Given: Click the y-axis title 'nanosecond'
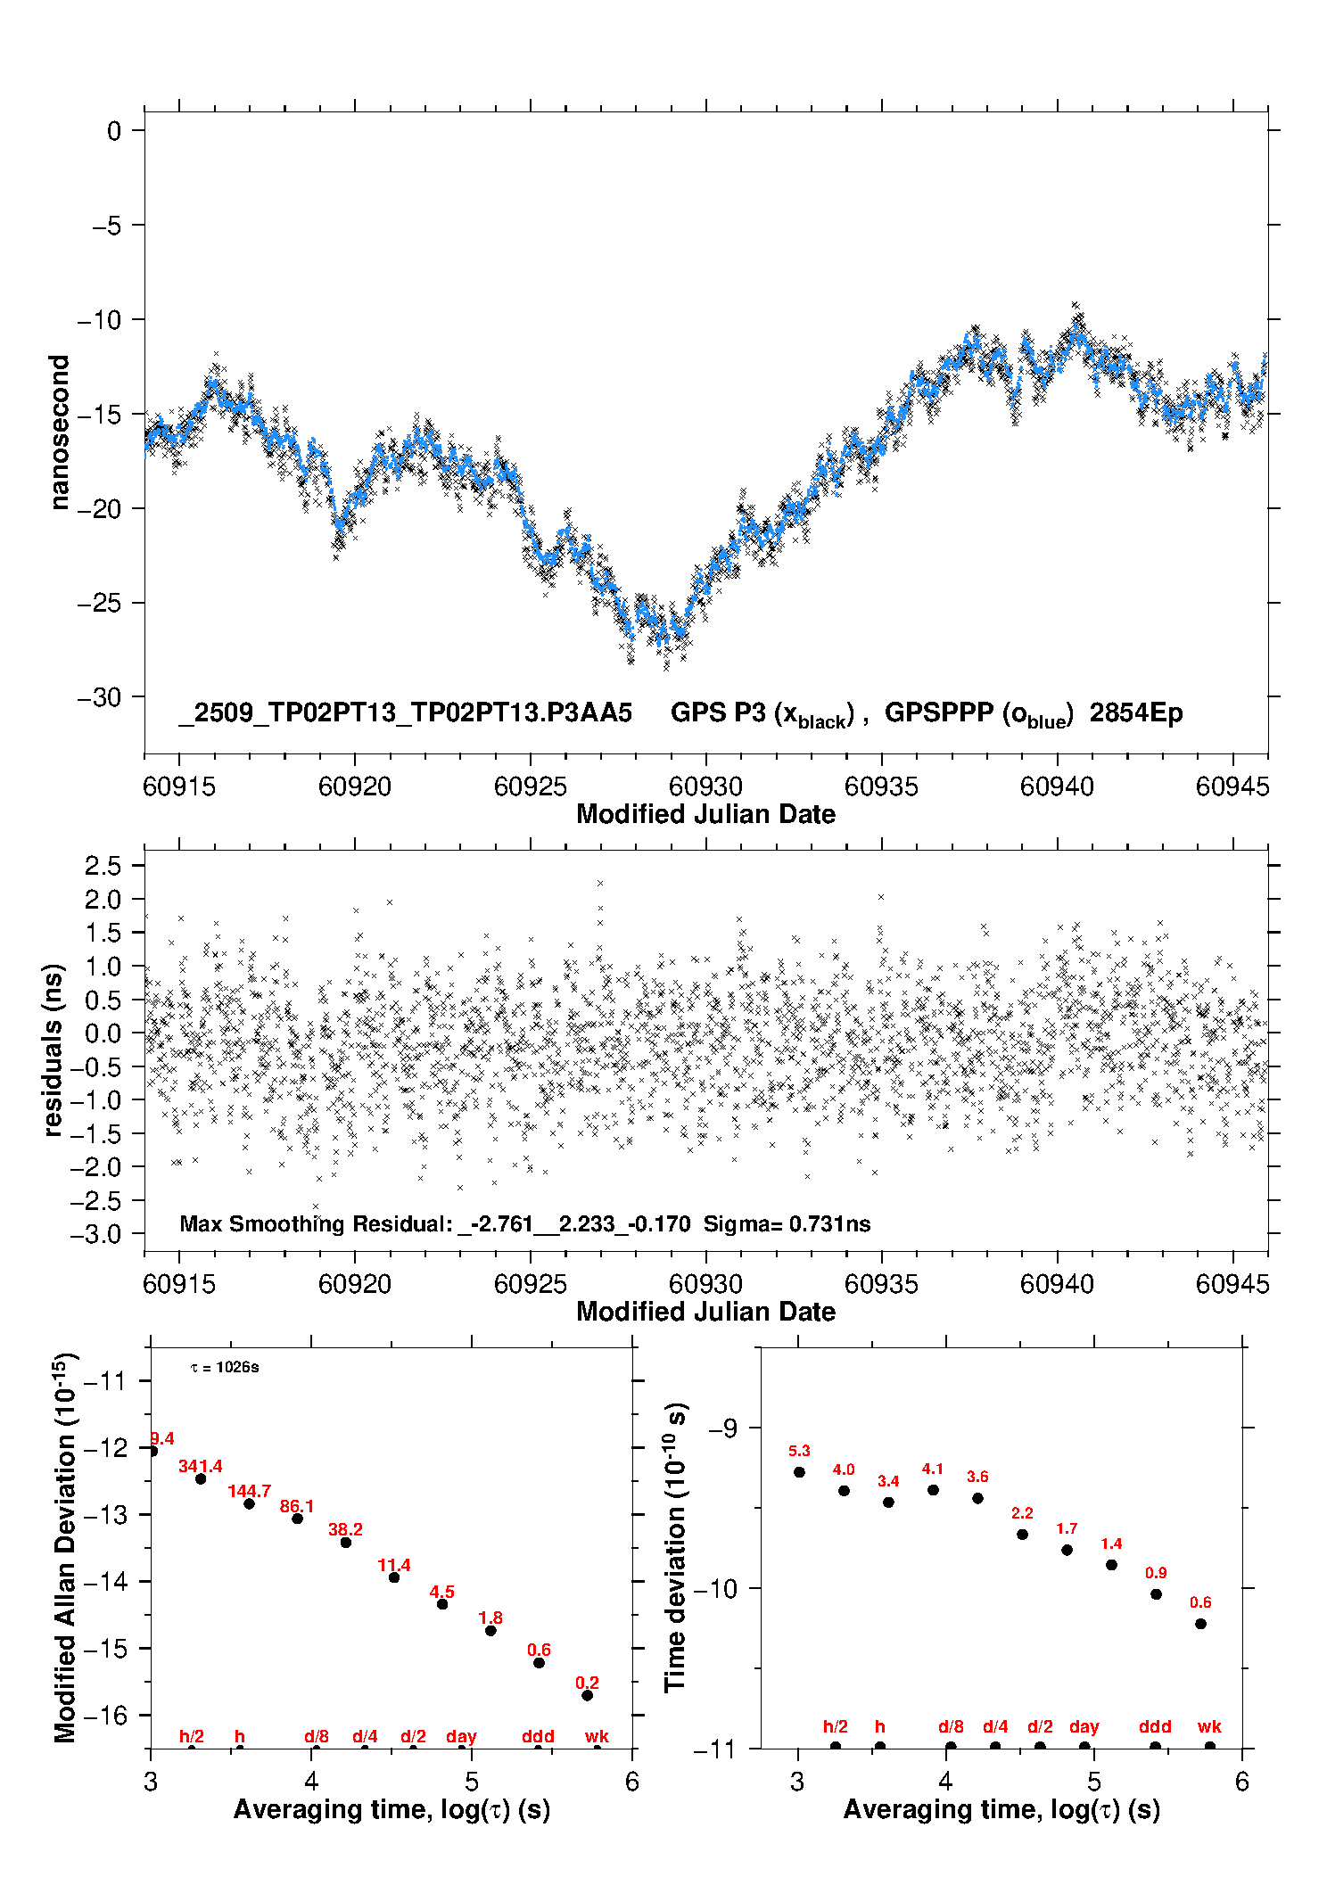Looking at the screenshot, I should (59, 432).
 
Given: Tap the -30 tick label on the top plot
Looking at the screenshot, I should (100, 697).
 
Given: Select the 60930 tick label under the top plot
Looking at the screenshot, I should (705, 786).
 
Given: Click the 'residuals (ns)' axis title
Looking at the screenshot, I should (54, 1050).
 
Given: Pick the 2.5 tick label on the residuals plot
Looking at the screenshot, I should (103, 865).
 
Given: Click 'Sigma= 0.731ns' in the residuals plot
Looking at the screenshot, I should (787, 1223).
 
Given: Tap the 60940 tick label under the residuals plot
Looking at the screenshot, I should (1057, 1284).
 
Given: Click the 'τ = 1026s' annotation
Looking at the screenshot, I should (225, 1368).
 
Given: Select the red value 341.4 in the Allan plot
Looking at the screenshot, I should (201, 1466).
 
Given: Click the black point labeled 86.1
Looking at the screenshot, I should (298, 1519).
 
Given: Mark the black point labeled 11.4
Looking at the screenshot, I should (394, 1577).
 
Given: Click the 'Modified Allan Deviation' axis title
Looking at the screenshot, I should (64, 1546).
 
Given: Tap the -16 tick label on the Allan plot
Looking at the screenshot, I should (104, 1715).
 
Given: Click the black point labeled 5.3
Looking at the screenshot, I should (799, 1472).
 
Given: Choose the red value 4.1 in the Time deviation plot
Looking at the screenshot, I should (933, 1469).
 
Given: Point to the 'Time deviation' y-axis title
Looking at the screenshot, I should (675, 1547).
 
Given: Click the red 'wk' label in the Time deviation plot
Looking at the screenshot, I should (1209, 1726).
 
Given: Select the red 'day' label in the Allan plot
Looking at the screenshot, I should (461, 1736).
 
